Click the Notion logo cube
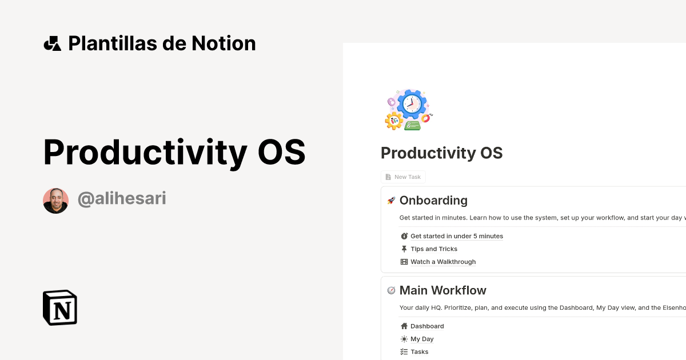coord(60,308)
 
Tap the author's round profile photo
coord(55,201)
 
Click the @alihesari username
coord(122,199)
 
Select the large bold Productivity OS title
coord(174,153)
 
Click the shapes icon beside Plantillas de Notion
coord(52,43)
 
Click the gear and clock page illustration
coord(408,109)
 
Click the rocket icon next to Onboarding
coord(391,201)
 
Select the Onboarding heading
coord(433,201)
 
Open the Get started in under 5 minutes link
coord(456,236)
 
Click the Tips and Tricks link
coord(433,249)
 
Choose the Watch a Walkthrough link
coord(442,262)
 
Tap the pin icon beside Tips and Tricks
coord(404,249)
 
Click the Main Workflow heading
coord(442,290)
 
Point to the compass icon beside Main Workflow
coord(391,290)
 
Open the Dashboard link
coord(426,326)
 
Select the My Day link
coord(422,339)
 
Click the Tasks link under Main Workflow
coord(419,352)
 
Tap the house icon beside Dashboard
coord(404,326)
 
